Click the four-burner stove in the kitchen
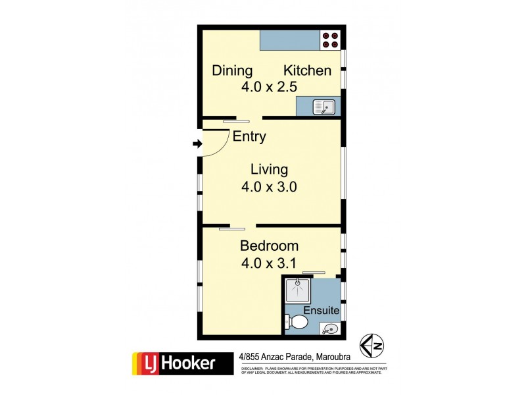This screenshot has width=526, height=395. pyautogui.click(x=331, y=40)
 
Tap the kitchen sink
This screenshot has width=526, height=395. pyautogui.click(x=324, y=106)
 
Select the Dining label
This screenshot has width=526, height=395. pyautogui.click(x=232, y=70)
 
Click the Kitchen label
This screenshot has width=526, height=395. pyautogui.click(x=307, y=70)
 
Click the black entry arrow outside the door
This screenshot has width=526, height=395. pyautogui.click(x=197, y=144)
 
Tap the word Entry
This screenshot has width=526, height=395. pyautogui.click(x=250, y=137)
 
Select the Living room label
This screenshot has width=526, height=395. pyautogui.click(x=270, y=169)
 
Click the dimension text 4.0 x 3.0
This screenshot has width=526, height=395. pyautogui.click(x=270, y=186)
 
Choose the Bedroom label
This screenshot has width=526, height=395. pyautogui.click(x=269, y=246)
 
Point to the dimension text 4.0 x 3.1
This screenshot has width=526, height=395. pyautogui.click(x=270, y=263)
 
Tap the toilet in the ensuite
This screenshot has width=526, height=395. pyautogui.click(x=297, y=322)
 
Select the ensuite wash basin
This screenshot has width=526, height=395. pyautogui.click(x=330, y=328)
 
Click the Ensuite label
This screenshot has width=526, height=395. pyautogui.click(x=321, y=310)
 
